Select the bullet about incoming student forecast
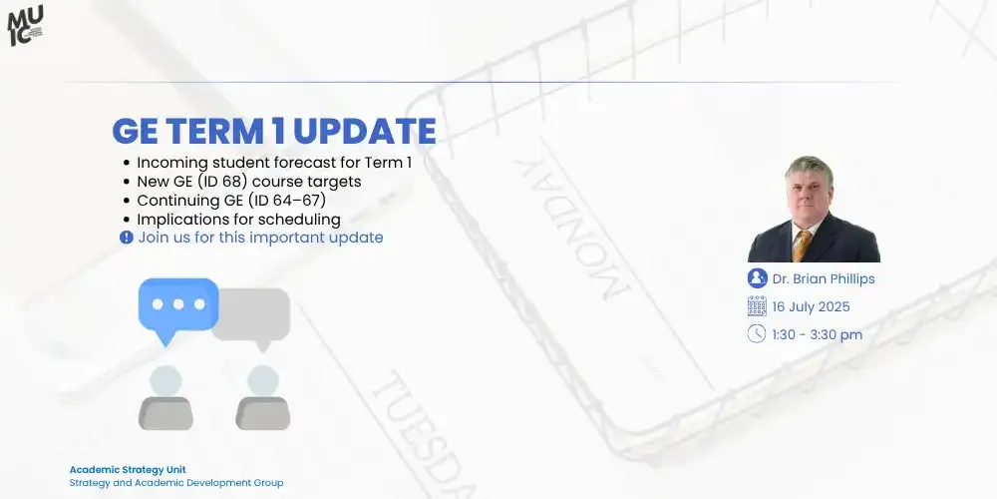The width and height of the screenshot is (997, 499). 274,162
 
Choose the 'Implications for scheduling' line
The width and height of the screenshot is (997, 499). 238,220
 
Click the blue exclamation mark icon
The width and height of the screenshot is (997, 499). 127,238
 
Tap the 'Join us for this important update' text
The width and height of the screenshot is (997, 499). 260,238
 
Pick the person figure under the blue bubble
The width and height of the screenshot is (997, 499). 165,397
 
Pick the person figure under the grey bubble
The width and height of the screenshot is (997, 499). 262,397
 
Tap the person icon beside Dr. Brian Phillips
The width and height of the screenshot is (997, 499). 757,278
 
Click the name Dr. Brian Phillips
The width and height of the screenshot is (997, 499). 823,279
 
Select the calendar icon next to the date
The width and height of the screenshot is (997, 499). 757,306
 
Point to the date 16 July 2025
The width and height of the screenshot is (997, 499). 811,307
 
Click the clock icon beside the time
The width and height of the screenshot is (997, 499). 757,334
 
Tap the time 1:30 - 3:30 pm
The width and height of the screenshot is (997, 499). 817,335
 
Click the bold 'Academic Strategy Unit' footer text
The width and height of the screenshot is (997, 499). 127,469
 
